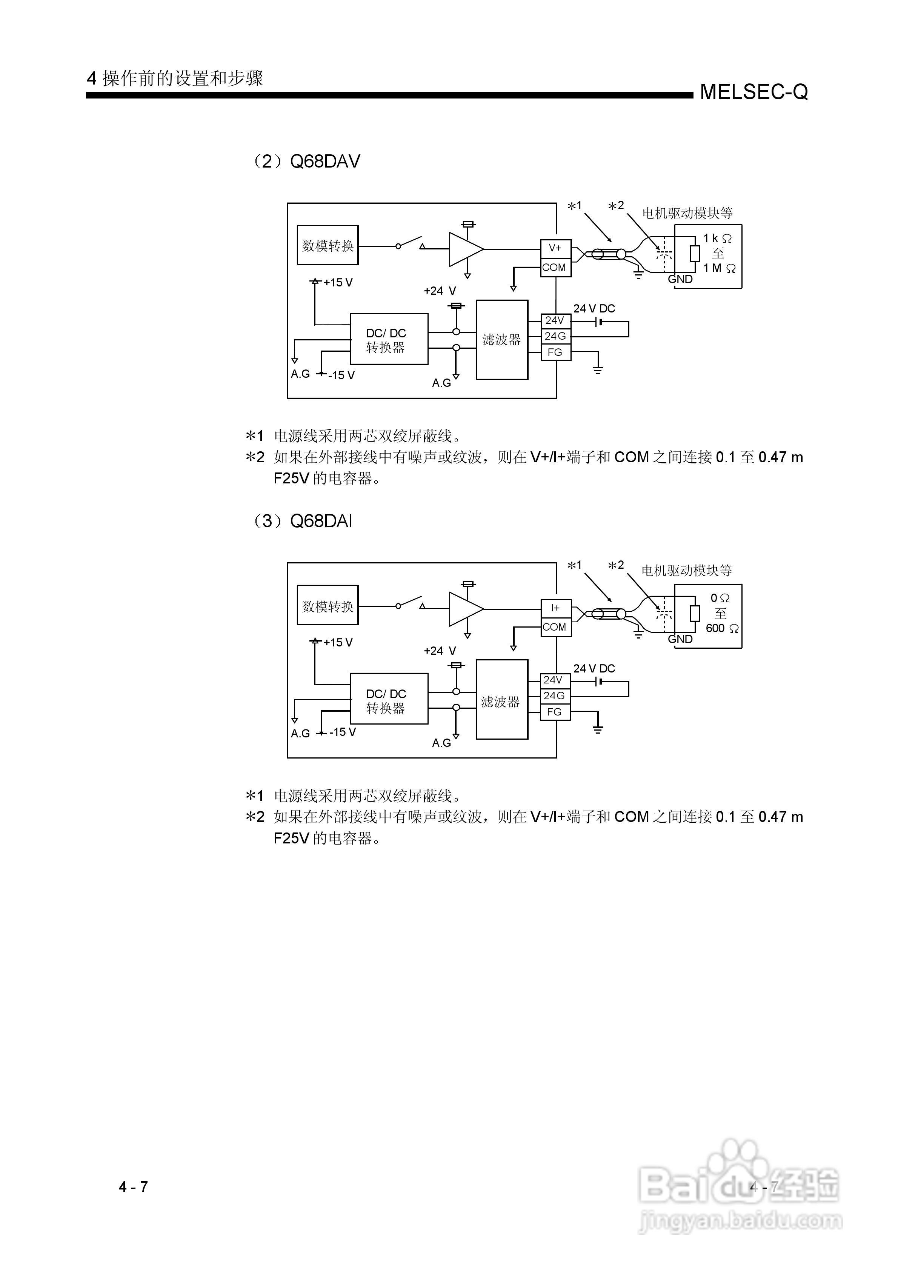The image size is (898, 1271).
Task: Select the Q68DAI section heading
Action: (302, 522)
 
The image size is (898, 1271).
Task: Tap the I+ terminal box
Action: (555, 608)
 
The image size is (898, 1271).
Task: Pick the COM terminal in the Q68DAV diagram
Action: (555, 268)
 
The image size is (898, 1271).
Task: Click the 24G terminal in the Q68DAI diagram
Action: (555, 696)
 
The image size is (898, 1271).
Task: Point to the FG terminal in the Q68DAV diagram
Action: (555, 352)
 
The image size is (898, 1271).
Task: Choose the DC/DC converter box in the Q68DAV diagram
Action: (388, 339)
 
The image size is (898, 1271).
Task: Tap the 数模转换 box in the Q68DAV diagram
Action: (328, 245)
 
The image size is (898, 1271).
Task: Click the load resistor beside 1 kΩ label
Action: (695, 254)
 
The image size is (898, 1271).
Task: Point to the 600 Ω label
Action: (722, 628)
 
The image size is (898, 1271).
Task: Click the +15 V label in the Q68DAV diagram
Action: (338, 282)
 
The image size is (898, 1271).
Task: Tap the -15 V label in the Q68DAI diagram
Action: (342, 732)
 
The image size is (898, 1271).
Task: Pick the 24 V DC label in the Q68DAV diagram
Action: (594, 308)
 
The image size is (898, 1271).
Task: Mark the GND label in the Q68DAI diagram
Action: (680, 639)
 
